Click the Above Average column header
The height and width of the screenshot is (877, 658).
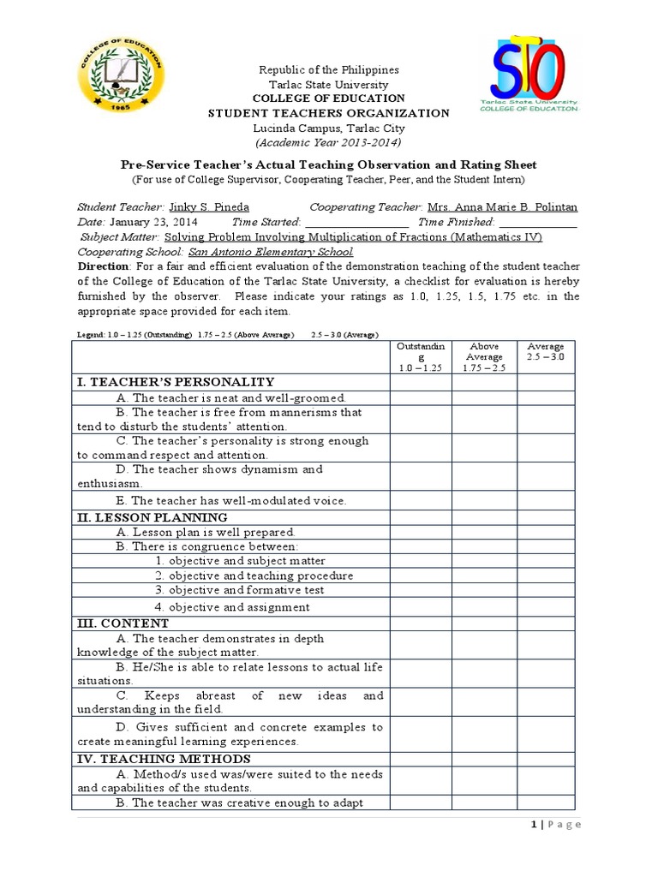coord(484,356)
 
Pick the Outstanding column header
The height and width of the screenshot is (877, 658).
coord(421,356)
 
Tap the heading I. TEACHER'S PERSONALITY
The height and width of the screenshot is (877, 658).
coord(176,382)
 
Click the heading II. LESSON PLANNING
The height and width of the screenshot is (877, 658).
coord(153,517)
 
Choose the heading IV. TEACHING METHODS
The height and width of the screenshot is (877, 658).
coord(164,759)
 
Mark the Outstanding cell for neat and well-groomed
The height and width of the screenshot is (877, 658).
coord(421,397)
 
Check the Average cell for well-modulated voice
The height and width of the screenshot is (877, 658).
coord(546,500)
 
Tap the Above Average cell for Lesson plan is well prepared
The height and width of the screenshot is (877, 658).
coord(484,532)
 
